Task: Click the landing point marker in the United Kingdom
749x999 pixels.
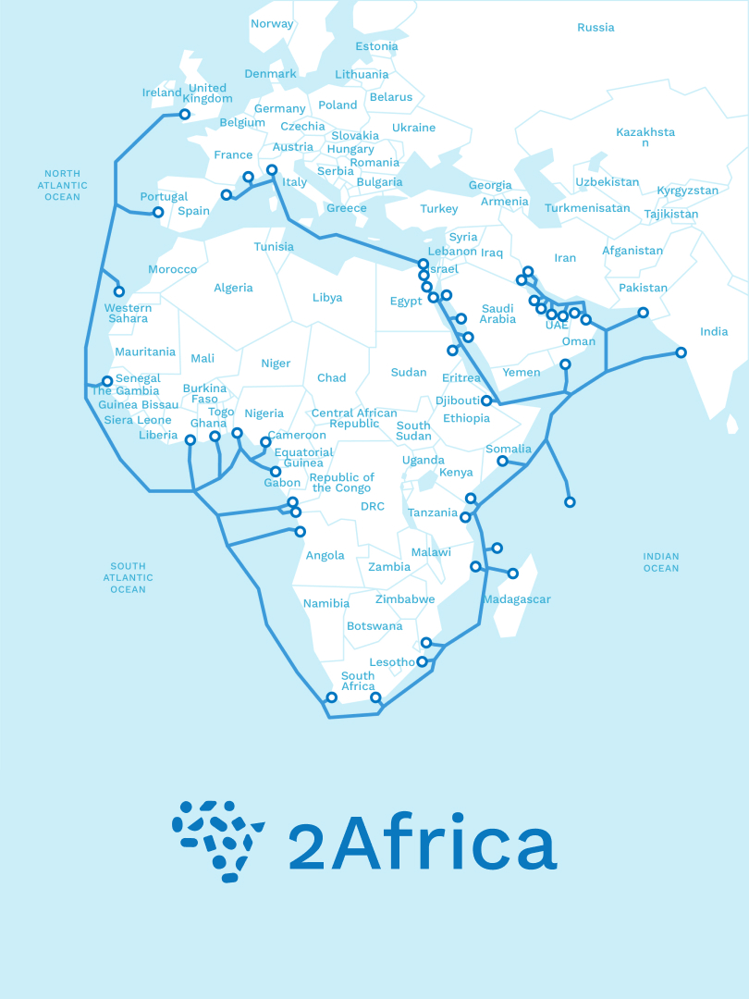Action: pyautogui.click(x=185, y=115)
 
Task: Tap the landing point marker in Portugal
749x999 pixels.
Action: pyautogui.click(x=158, y=212)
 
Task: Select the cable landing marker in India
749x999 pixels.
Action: pyautogui.click(x=681, y=352)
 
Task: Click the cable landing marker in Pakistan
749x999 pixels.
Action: pyautogui.click(x=644, y=313)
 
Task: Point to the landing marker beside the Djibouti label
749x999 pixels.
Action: pyautogui.click(x=486, y=401)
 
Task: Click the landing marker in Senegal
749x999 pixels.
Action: pyautogui.click(x=107, y=381)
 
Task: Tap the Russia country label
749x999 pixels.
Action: pyautogui.click(x=596, y=28)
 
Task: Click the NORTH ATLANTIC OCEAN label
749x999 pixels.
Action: pyautogui.click(x=63, y=185)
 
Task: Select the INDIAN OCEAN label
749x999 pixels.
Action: pyautogui.click(x=661, y=562)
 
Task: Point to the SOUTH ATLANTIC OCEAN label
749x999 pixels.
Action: pyautogui.click(x=129, y=578)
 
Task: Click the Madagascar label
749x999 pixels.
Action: pyautogui.click(x=517, y=599)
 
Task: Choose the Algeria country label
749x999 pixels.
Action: pyautogui.click(x=233, y=288)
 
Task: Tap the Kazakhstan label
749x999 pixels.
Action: pyautogui.click(x=645, y=137)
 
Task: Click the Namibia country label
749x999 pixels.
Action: pyautogui.click(x=326, y=603)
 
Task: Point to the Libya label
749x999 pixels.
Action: pyautogui.click(x=327, y=298)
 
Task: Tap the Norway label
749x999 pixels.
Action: pyautogui.click(x=272, y=24)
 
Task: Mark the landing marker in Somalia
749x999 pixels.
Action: pyautogui.click(x=503, y=461)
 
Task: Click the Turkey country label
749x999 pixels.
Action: pyautogui.click(x=439, y=209)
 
